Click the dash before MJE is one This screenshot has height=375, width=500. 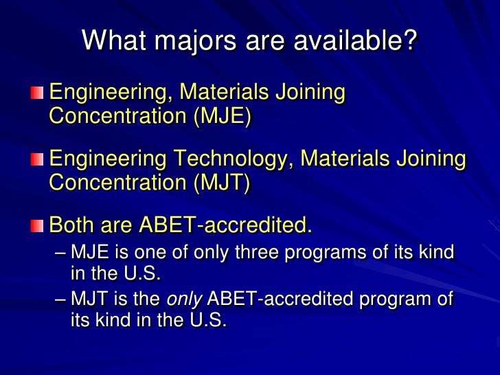click(60, 253)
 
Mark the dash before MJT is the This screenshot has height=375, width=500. click(60, 299)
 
